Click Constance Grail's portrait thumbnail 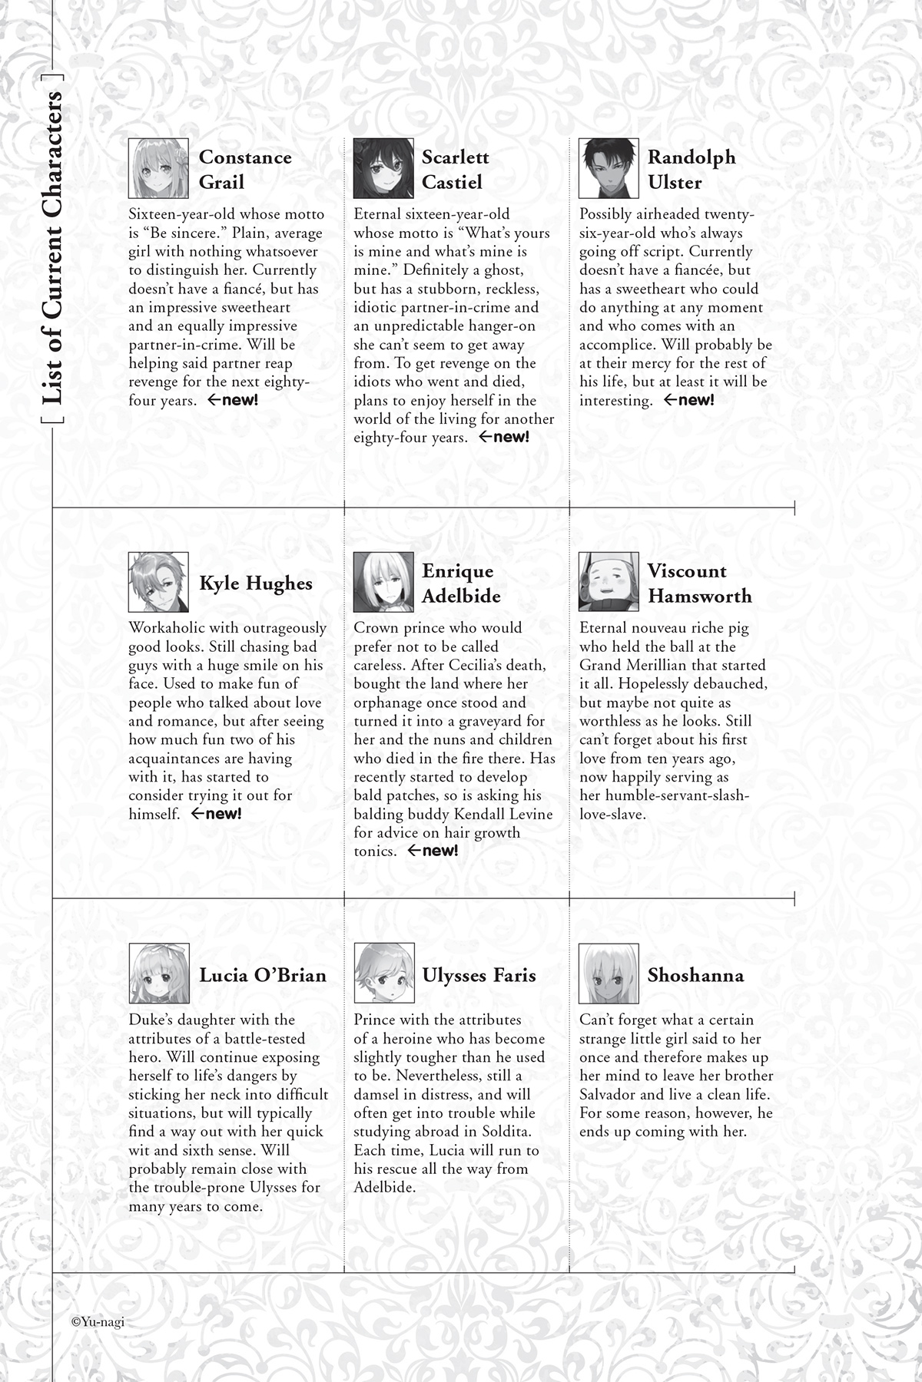tap(158, 169)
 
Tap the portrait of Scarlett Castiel tap(383, 169)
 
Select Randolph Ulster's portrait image tap(609, 169)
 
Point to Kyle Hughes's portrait tap(158, 583)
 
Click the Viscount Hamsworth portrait tap(609, 583)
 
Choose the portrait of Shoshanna tap(609, 974)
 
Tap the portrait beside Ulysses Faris tap(383, 974)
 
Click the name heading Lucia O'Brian tap(263, 975)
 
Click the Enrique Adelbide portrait tap(383, 583)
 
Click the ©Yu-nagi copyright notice tap(98, 1322)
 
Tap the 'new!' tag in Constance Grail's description tap(233, 400)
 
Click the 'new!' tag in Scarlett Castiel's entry tap(504, 438)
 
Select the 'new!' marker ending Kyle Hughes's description tap(216, 814)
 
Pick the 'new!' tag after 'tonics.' tap(433, 851)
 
